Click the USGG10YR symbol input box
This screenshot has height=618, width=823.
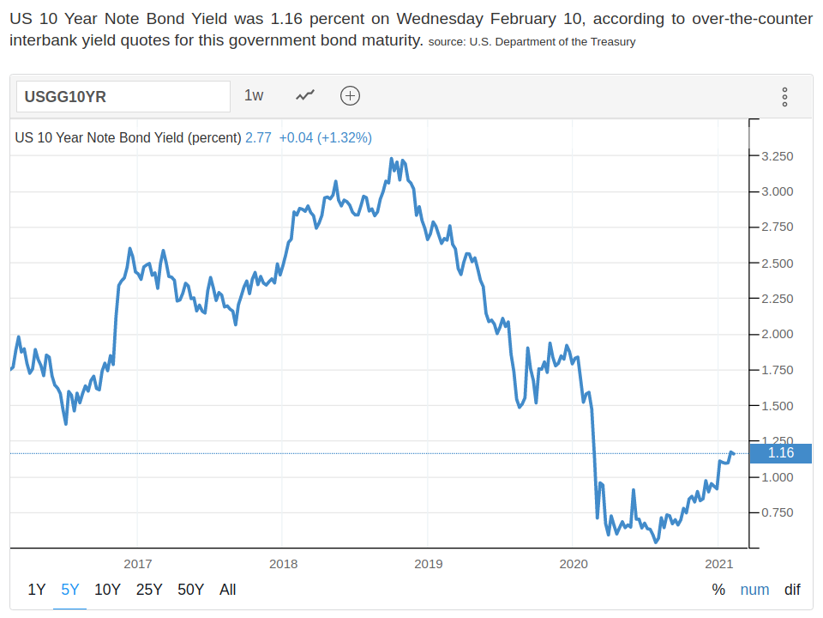point(123,96)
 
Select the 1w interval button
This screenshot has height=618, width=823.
point(254,95)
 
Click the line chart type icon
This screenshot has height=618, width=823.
point(305,95)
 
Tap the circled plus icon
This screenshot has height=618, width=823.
point(350,95)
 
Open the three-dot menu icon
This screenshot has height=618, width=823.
point(784,96)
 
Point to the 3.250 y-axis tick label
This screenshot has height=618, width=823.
point(777,156)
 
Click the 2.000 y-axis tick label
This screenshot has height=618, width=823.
point(777,334)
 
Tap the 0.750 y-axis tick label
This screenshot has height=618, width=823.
point(777,512)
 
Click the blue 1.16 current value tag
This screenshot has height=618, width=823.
point(780,453)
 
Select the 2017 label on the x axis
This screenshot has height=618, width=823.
point(138,564)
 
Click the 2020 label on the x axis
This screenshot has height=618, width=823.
point(573,564)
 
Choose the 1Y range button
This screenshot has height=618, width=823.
point(37,590)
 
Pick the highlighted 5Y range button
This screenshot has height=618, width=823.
point(70,590)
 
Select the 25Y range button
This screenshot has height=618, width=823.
point(149,590)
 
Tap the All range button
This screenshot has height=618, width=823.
point(227,590)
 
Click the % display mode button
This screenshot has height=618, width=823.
point(718,590)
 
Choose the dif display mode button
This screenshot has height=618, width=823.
point(792,590)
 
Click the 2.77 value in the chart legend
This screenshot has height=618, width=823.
point(258,137)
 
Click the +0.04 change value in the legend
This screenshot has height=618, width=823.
point(296,137)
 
